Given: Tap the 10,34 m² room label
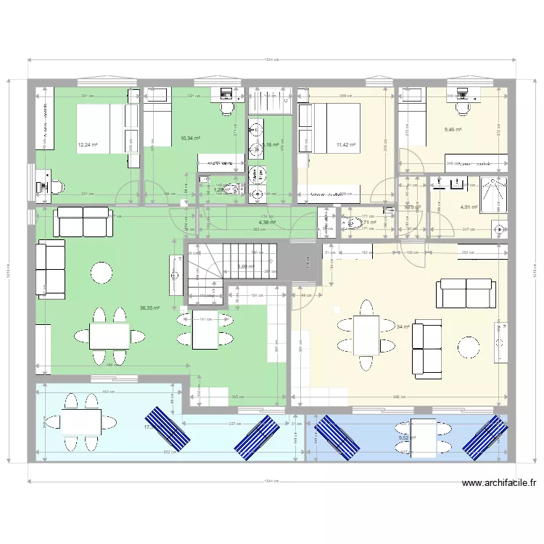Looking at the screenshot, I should (191, 137).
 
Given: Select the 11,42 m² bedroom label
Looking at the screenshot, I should (346, 144).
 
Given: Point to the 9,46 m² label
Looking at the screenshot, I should (453, 131).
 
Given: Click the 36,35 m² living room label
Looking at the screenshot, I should (150, 307).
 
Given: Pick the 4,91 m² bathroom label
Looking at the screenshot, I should (469, 207).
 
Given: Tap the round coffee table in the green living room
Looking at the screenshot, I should (102, 273).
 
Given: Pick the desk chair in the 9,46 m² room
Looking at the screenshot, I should (462, 108).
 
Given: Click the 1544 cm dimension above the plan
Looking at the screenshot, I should (272, 60).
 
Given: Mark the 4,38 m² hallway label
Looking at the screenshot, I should (267, 223).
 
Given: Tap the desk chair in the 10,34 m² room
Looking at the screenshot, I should (226, 107).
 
